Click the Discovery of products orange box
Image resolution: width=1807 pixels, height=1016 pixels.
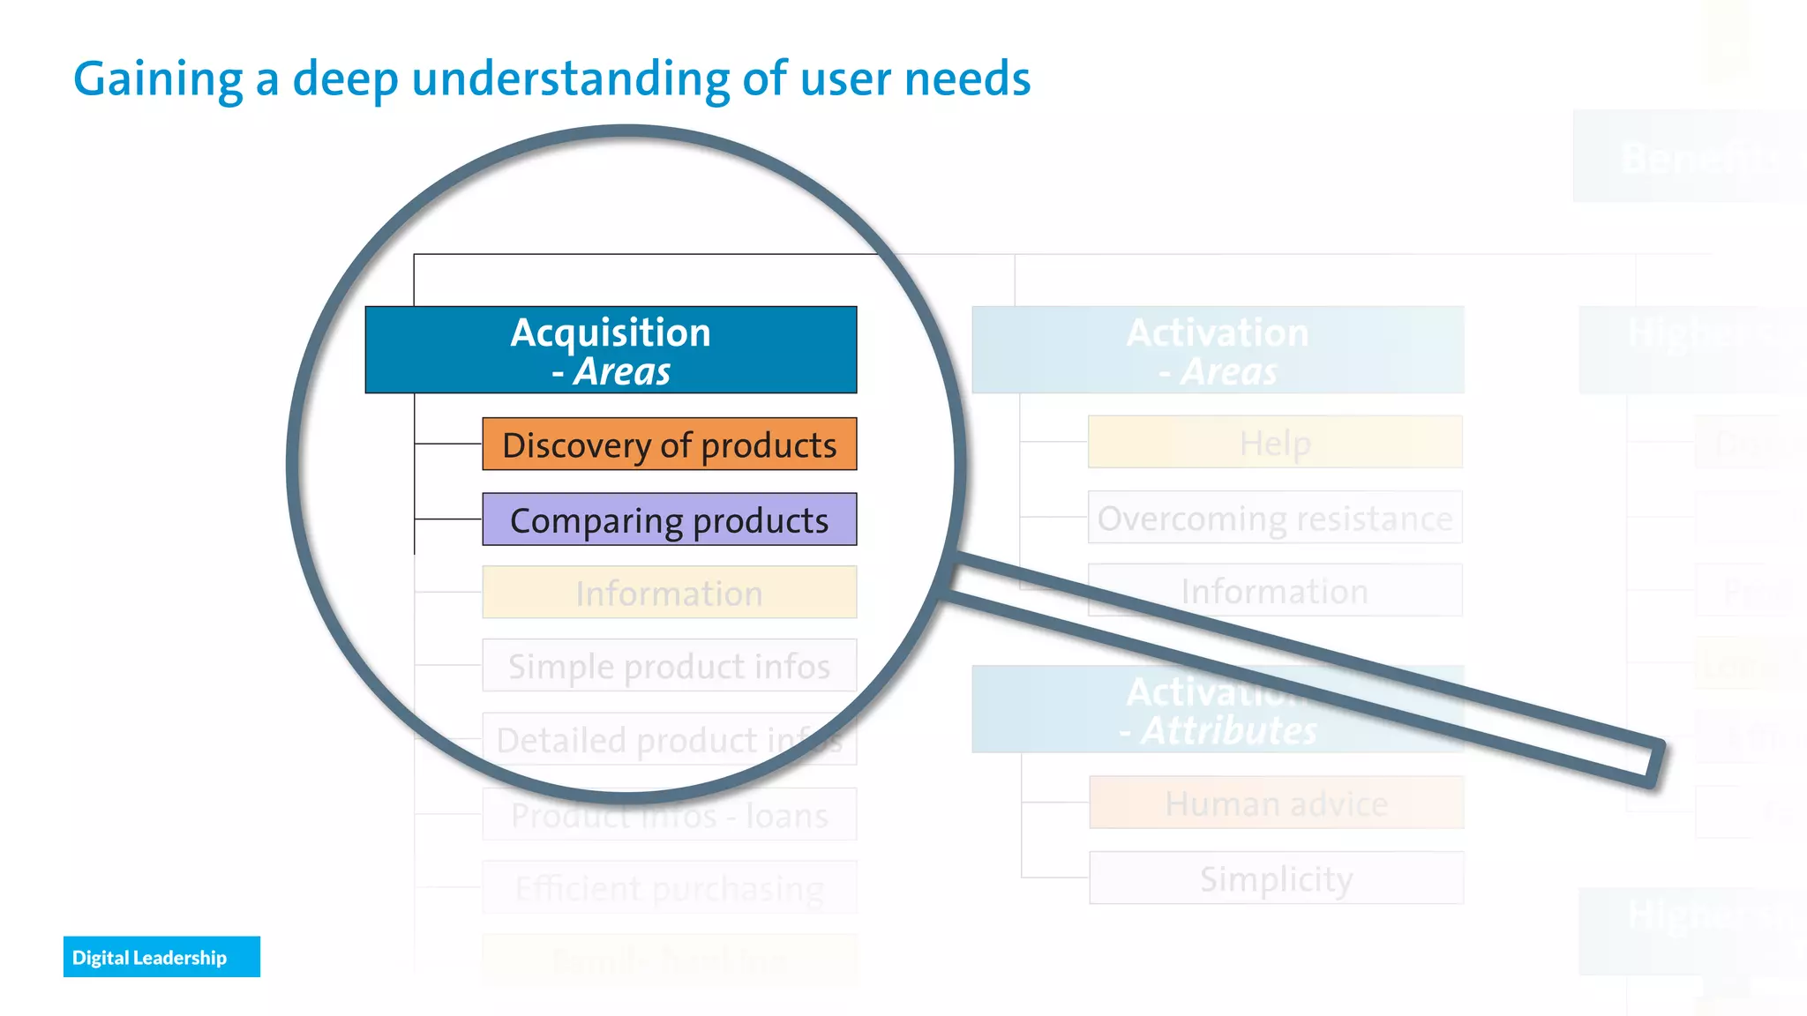coord(669,444)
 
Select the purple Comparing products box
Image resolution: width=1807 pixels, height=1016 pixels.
coord(669,519)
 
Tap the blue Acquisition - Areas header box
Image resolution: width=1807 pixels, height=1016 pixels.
coord(611,350)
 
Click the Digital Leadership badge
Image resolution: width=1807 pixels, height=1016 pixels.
coord(161,957)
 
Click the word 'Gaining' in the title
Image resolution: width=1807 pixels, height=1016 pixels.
coord(157,79)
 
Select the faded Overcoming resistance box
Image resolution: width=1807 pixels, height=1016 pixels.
coord(1275,518)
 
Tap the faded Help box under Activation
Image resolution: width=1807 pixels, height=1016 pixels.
coord(1275,442)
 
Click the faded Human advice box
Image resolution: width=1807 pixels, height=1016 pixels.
coord(1276,803)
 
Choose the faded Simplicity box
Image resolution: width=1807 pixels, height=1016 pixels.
coord(1276,878)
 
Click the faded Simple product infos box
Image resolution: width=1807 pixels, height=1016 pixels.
coord(669,666)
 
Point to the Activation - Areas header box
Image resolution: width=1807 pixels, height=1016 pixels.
coord(1218,350)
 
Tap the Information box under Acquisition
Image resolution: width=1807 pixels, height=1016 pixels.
coord(669,593)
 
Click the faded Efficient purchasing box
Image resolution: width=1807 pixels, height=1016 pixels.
coord(669,887)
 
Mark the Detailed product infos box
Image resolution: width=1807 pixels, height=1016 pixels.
coord(669,739)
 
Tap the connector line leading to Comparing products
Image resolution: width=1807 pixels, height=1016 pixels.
coord(448,519)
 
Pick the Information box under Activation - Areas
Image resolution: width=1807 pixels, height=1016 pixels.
coord(1275,591)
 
